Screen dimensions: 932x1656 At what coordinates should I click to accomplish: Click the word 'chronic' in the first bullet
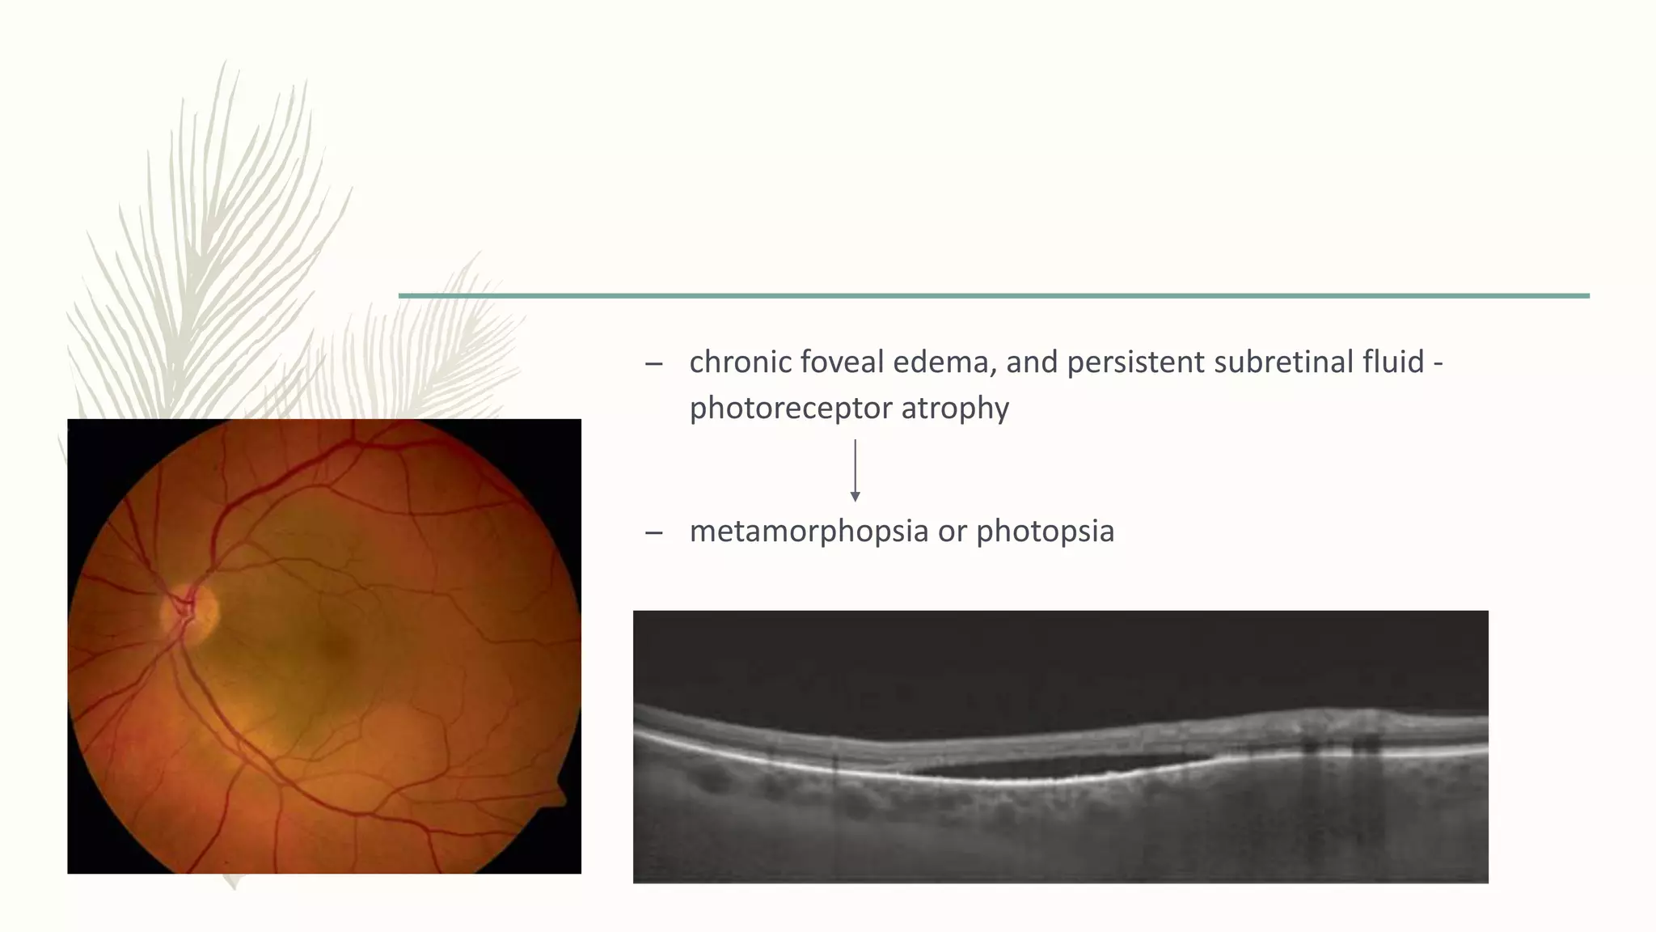740,362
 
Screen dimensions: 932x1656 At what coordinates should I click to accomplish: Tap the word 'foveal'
841,362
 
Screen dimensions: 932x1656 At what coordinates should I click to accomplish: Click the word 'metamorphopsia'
808,532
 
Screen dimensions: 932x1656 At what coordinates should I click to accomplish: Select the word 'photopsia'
1045,532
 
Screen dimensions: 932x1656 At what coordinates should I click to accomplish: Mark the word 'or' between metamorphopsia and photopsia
952,532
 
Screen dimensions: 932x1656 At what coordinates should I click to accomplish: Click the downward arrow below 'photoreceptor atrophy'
855,471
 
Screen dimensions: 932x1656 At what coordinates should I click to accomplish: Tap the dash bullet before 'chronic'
653,363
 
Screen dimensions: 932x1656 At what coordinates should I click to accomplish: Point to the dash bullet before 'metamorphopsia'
653,532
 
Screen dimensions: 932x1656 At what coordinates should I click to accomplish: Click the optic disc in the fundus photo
191,611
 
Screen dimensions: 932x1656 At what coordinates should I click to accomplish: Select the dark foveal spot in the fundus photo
333,646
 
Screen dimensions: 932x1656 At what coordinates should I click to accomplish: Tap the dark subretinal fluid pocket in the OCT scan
1051,765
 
